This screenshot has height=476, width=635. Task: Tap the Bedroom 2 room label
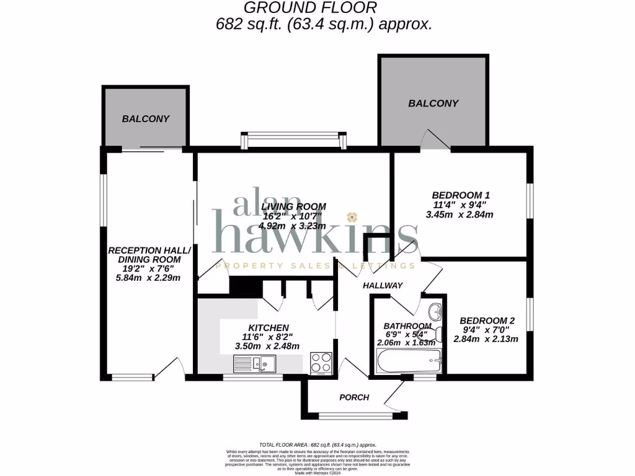click(x=487, y=320)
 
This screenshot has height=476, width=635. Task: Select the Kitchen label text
click(x=268, y=327)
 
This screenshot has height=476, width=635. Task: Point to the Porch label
click(x=354, y=397)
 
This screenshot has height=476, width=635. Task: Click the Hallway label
click(x=383, y=286)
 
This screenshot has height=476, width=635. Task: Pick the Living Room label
click(x=293, y=206)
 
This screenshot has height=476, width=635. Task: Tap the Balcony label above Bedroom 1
click(x=433, y=104)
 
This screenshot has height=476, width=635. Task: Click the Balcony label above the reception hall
click(x=145, y=118)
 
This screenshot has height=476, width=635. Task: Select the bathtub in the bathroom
click(x=409, y=360)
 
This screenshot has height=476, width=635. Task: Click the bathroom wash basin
click(x=436, y=309)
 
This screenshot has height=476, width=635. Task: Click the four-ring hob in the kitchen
click(x=321, y=361)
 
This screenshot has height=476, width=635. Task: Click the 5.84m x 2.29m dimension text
click(x=148, y=278)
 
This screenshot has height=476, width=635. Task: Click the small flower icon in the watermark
click(x=352, y=217)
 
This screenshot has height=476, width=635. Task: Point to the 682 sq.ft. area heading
click(x=322, y=24)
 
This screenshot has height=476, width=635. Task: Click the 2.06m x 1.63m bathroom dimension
click(x=406, y=342)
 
